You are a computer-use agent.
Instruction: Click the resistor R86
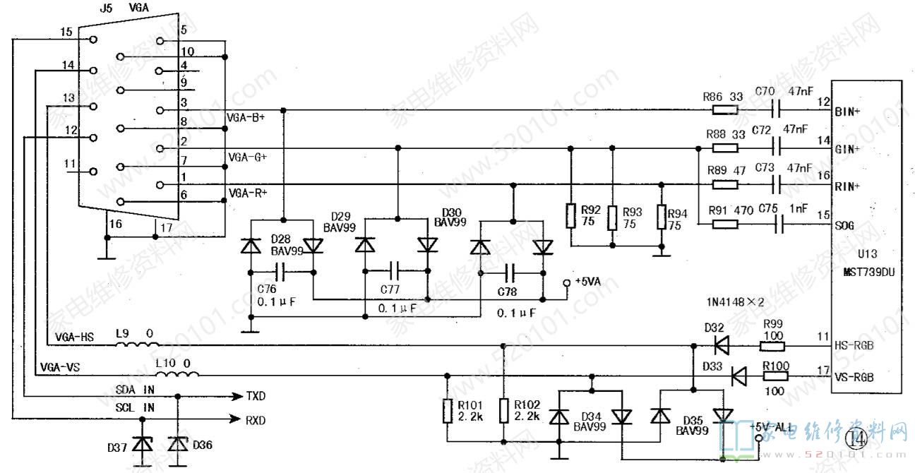pyautogui.click(x=724, y=110)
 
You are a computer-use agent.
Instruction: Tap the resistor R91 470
pyautogui.click(x=724, y=224)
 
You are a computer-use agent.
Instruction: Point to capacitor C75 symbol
pyautogui.click(x=779, y=224)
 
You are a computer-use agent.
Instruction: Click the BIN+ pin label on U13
pyautogui.click(x=847, y=112)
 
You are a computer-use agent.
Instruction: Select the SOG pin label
pyautogui.click(x=844, y=225)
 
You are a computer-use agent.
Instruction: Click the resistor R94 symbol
pyautogui.click(x=662, y=216)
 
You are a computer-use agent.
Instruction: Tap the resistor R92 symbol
pyautogui.click(x=570, y=216)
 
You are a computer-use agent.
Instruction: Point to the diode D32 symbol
pyautogui.click(x=721, y=346)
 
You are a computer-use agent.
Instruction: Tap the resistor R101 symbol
pyautogui.click(x=447, y=411)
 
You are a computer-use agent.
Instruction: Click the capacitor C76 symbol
pyautogui.click(x=280, y=271)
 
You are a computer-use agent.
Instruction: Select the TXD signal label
pyautogui.click(x=256, y=396)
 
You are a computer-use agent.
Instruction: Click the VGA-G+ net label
pyautogui.click(x=246, y=156)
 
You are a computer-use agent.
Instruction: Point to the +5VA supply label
pyautogui.click(x=587, y=281)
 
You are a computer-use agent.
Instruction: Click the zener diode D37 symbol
pyautogui.click(x=144, y=445)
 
